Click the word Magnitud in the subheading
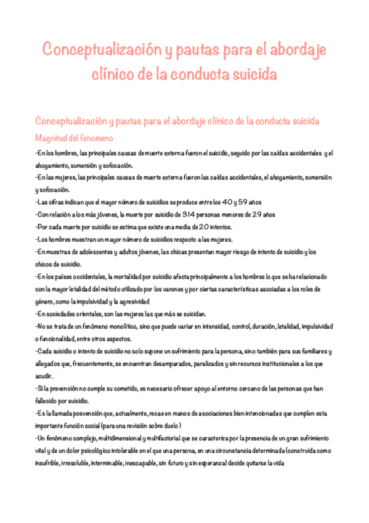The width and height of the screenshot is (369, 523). click(52, 138)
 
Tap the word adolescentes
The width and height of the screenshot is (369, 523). click(93, 252)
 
